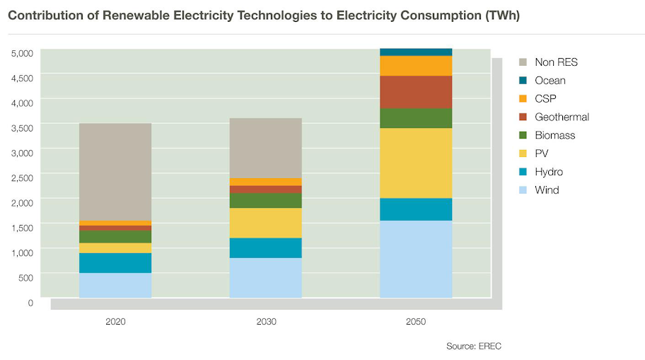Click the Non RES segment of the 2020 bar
(x=115, y=172)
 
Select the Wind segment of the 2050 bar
(x=416, y=259)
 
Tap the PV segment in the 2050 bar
(x=416, y=163)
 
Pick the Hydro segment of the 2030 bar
(x=266, y=248)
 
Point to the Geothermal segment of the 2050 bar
(x=416, y=92)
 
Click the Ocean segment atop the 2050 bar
(x=416, y=52)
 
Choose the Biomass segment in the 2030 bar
(x=266, y=201)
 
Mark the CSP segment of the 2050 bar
(x=416, y=66)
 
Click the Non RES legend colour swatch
(x=524, y=62)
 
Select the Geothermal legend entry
(x=562, y=117)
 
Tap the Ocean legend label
(x=550, y=81)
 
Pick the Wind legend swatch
(x=524, y=190)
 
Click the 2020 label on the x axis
(x=115, y=322)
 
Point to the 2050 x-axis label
(x=416, y=322)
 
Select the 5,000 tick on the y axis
(x=22, y=53)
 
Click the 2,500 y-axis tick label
(x=22, y=178)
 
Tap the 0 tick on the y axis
(x=30, y=303)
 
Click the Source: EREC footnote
(x=473, y=346)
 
